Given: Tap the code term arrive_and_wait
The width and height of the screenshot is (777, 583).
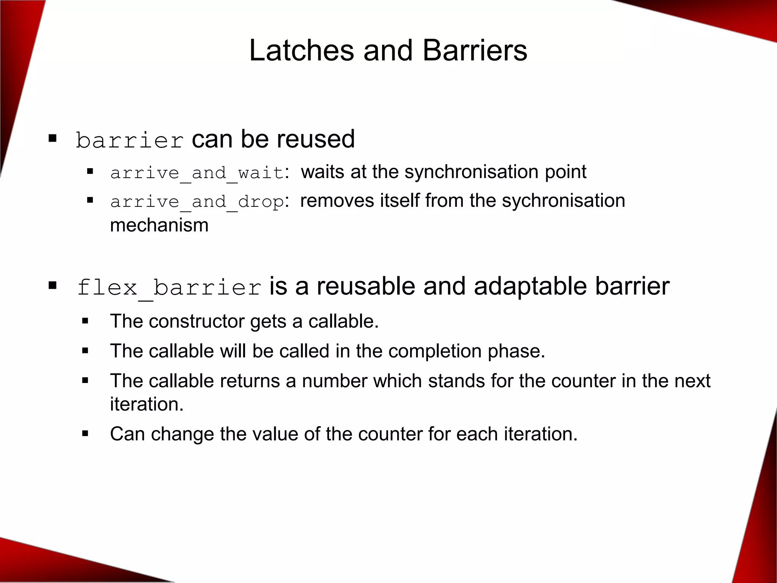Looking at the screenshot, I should [x=197, y=173].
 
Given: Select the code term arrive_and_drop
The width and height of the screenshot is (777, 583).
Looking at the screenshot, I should [x=197, y=202].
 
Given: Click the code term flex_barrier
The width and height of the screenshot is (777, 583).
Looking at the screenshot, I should [x=169, y=288].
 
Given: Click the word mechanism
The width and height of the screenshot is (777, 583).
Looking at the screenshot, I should [x=159, y=225].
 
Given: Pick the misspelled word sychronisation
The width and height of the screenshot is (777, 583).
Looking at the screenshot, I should [x=563, y=200].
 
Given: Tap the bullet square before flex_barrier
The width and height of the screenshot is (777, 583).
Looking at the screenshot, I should [x=52, y=285].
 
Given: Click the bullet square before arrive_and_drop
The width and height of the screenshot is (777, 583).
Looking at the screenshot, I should [x=90, y=200].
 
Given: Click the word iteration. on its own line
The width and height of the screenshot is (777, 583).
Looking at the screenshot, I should [x=147, y=404].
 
